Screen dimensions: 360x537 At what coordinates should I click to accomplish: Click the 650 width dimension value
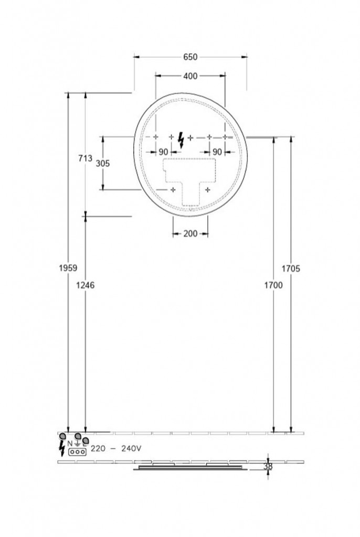(x=190, y=57)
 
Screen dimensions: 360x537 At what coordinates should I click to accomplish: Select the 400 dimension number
(x=190, y=76)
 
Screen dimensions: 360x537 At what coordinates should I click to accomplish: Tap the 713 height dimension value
(x=86, y=158)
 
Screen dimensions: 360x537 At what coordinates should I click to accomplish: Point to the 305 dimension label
(x=102, y=164)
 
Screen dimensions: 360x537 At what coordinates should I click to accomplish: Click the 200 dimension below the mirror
(x=190, y=234)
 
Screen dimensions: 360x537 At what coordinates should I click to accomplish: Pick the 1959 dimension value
(x=68, y=268)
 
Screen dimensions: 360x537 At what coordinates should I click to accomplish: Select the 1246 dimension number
(x=85, y=285)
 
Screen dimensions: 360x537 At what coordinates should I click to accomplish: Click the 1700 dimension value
(x=273, y=285)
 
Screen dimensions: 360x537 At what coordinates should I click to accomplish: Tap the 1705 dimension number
(x=291, y=269)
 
